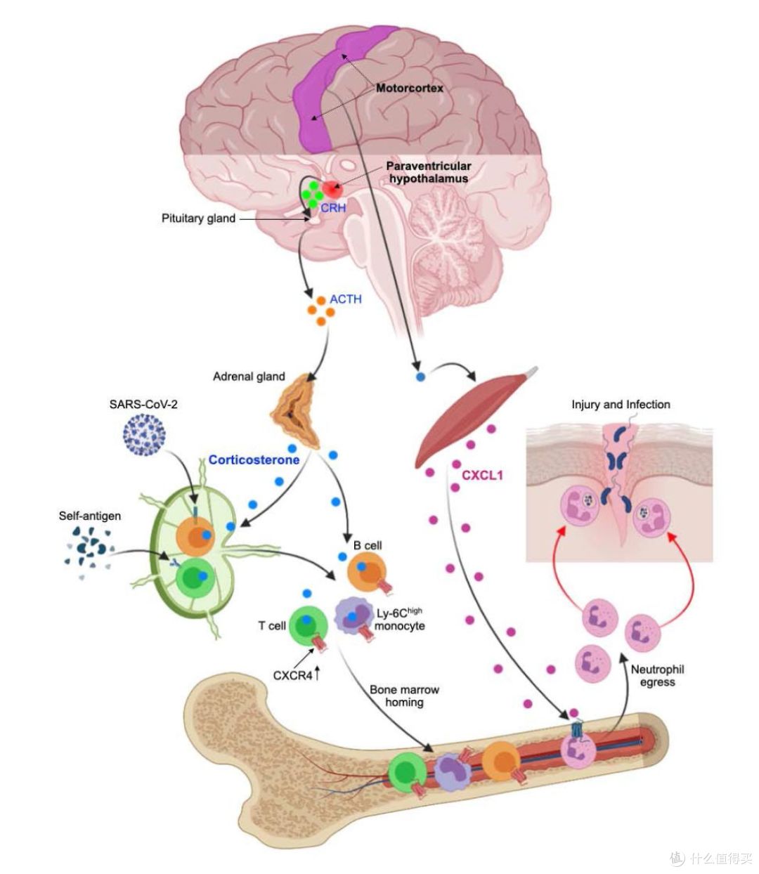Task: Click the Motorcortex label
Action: (409, 88)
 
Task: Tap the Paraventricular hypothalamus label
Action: (429, 172)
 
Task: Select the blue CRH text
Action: (332, 208)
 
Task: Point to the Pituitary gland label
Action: (198, 218)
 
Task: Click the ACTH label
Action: (346, 299)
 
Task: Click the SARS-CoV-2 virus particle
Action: (144, 436)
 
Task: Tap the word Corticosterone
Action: (254, 459)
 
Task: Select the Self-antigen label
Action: (90, 516)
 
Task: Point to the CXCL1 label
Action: (482, 475)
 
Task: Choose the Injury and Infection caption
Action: (621, 405)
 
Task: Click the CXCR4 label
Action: (292, 675)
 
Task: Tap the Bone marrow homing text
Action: (404, 696)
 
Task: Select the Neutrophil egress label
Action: (657, 675)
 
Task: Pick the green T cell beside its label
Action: (309, 626)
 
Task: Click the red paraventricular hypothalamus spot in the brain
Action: (332, 189)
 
